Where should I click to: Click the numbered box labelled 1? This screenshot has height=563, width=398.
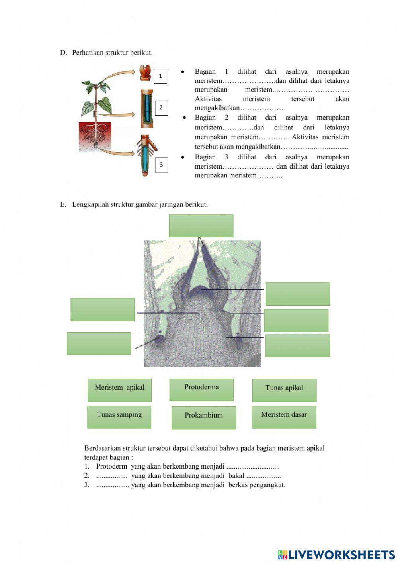[160, 76]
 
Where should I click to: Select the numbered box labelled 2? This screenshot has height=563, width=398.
[161, 108]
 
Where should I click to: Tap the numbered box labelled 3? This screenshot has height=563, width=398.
[161, 165]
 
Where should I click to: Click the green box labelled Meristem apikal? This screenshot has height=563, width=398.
[119, 390]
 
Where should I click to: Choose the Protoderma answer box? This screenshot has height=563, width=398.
[201, 389]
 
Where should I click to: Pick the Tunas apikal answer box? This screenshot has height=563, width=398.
[284, 390]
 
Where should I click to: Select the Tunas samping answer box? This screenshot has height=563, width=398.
[119, 417]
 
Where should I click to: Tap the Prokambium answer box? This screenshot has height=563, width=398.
[203, 418]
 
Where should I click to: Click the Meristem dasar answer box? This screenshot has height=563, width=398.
[284, 417]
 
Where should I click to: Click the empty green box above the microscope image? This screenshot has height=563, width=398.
[201, 226]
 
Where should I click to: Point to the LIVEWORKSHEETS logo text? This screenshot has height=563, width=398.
[341, 555]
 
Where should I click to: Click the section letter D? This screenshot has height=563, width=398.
[63, 53]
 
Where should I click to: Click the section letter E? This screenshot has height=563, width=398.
[63, 204]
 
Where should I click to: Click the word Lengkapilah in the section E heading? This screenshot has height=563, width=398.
[90, 204]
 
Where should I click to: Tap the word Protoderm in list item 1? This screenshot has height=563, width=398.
[112, 466]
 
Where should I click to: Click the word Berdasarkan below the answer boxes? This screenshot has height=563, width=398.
[102, 448]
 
